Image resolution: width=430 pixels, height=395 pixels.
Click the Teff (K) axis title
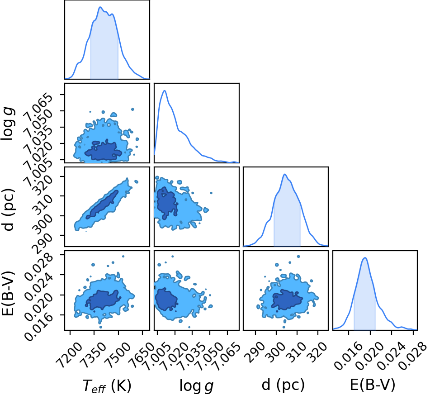pyautogui.click(x=107, y=385)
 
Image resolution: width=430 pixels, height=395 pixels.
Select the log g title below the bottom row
pyautogui.click(x=196, y=385)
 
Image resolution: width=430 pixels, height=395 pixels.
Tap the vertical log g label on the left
pyautogui.click(x=8, y=124)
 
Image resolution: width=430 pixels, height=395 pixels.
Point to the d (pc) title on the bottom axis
pyautogui.click(x=283, y=385)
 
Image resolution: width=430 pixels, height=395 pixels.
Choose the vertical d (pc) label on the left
pyautogui.click(x=8, y=210)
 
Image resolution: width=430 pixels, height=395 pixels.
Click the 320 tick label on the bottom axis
pyautogui.click(x=317, y=352)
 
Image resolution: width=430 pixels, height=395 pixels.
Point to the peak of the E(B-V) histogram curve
pyautogui.click(x=365, y=257)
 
